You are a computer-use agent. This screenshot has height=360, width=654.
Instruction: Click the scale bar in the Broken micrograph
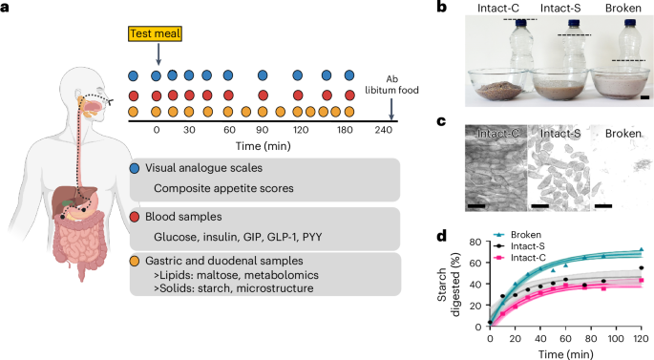(603, 203)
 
